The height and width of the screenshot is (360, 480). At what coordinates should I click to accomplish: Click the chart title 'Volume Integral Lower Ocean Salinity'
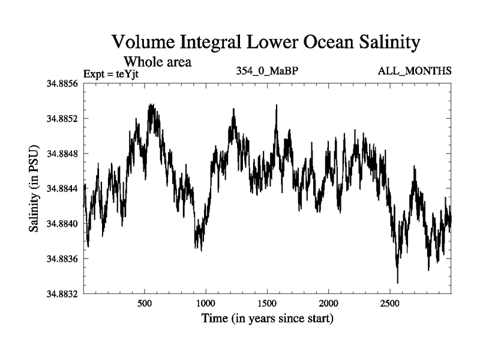coord(264,43)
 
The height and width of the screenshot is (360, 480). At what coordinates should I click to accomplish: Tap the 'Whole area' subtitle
coord(157,61)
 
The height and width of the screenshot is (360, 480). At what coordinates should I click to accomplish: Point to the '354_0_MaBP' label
coord(268,71)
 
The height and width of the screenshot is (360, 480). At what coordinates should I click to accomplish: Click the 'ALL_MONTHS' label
coord(415,71)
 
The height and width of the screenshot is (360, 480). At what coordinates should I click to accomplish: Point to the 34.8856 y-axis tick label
coord(62,83)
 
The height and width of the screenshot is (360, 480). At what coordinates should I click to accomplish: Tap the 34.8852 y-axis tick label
coord(62,119)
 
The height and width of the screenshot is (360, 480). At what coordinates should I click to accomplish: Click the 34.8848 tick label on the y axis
coord(62,154)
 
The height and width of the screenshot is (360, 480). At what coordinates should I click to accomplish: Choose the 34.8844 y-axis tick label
coord(62,189)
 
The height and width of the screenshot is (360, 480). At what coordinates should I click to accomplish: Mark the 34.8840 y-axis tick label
coord(62,224)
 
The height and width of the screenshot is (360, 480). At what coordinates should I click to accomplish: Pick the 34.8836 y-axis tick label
coord(62,259)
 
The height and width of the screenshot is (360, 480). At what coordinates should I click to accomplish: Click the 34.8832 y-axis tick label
coord(62,294)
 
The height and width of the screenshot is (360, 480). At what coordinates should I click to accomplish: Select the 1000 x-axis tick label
coord(206,302)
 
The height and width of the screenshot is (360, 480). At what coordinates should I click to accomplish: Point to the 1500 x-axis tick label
coord(268,302)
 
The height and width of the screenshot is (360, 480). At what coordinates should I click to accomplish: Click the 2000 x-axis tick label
coord(329,302)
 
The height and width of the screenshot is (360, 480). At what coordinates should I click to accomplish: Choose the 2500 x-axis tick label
coord(390,302)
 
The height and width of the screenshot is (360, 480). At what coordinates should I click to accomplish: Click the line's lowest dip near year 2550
coord(397,282)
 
